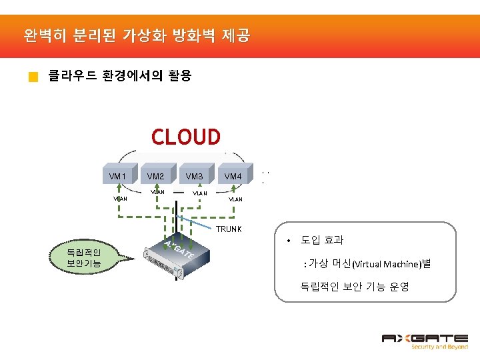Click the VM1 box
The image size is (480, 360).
pos(118,176)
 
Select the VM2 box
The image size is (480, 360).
pos(156,176)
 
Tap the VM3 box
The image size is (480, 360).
pos(195,176)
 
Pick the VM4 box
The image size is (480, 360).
pos(233,176)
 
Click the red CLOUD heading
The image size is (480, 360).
pos(185,137)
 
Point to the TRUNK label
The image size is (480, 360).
pos(228,229)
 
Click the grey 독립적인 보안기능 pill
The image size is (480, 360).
pos(83,257)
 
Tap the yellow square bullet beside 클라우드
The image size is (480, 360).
pos(33,77)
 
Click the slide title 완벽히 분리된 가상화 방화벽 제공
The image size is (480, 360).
pos(136,35)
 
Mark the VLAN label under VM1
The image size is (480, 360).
pos(120,198)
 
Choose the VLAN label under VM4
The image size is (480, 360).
pos(236,199)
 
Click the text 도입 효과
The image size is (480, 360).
pos(322,240)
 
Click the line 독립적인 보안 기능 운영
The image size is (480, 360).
pos(355,287)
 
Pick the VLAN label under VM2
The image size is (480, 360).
pos(158,192)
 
